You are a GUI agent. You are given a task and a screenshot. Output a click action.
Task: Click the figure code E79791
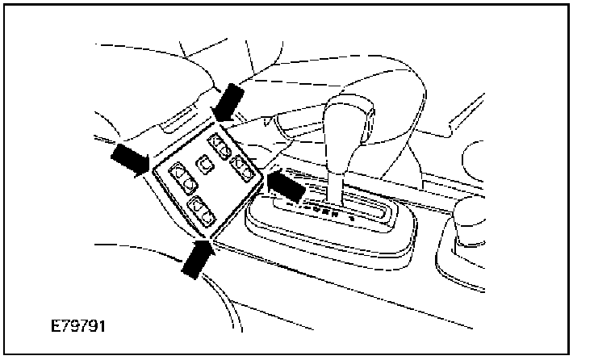coord(77,329)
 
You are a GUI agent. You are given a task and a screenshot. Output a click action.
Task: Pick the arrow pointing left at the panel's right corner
coord(286,186)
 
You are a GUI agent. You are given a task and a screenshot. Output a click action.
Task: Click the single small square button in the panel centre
coord(207,164)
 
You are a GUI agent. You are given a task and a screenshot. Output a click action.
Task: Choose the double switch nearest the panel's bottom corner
coord(201,211)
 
